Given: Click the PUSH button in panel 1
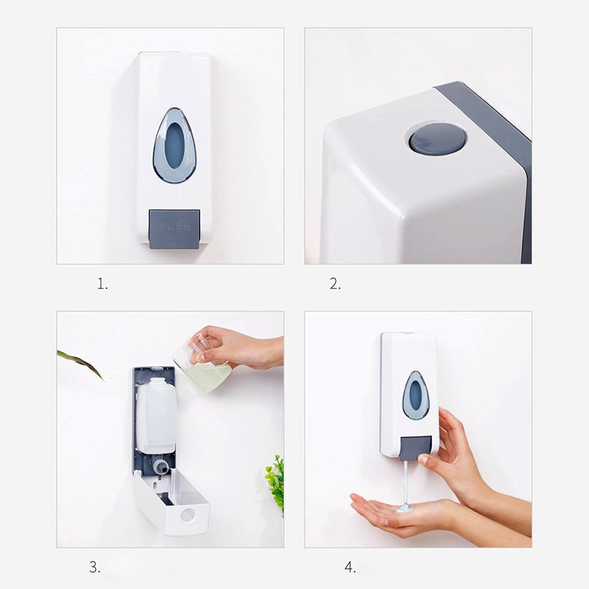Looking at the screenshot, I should [x=174, y=228].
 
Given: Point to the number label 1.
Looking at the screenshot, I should [x=102, y=284].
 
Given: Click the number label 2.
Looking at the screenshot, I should [x=335, y=284].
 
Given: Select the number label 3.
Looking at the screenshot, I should [x=94, y=567].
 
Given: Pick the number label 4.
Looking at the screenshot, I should [x=350, y=567].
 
